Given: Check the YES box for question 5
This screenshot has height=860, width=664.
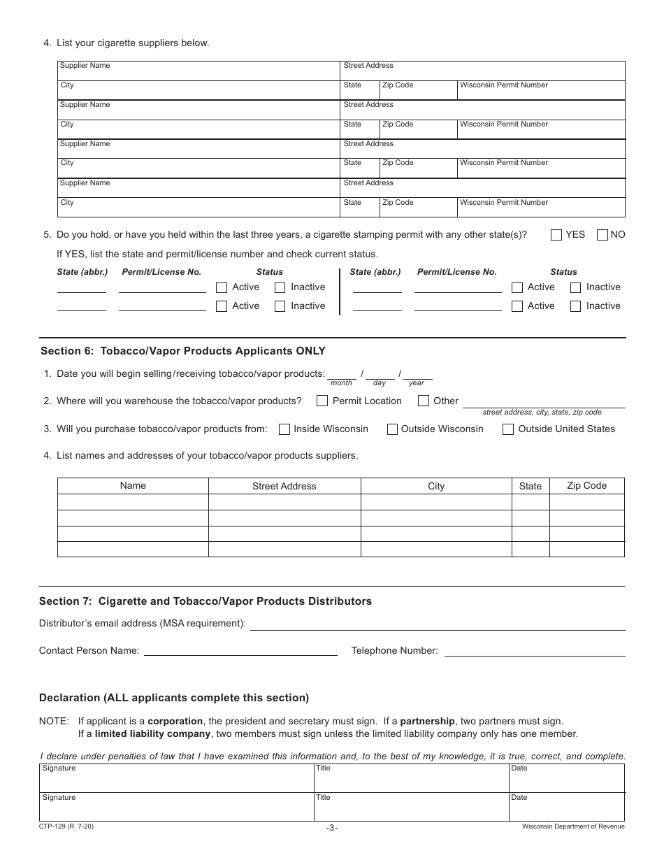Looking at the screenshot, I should (x=556, y=235).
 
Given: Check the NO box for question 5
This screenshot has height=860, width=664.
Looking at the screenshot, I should (x=602, y=235).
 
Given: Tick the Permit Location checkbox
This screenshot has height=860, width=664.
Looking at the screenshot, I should (x=322, y=401).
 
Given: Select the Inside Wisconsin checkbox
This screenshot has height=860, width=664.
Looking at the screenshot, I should (x=284, y=429).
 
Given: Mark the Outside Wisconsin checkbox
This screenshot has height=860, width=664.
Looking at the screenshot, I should (x=392, y=429).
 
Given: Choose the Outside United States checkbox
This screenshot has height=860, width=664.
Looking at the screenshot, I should (x=508, y=429).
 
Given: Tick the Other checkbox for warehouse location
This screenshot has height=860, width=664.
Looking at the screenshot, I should (x=424, y=401).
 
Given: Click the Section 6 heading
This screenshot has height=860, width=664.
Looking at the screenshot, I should (x=182, y=351).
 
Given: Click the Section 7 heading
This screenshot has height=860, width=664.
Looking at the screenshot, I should (x=205, y=601).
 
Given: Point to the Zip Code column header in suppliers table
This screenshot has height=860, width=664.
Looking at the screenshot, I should (x=586, y=486).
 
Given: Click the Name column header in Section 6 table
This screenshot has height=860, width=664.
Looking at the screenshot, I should (x=133, y=486).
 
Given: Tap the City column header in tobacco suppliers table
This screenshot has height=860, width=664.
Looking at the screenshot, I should (x=436, y=487).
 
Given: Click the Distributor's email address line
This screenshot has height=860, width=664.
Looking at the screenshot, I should (x=438, y=624).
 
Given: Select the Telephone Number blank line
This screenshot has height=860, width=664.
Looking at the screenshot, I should (x=535, y=651).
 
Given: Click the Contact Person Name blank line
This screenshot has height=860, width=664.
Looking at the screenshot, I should (x=240, y=651).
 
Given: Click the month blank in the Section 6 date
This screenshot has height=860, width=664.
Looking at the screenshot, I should (x=342, y=374).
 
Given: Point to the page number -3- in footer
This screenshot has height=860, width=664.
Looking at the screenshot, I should (x=332, y=828).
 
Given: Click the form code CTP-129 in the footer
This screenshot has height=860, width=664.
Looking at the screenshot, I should (x=66, y=826).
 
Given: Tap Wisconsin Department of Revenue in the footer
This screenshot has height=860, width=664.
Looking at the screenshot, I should (x=573, y=826).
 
